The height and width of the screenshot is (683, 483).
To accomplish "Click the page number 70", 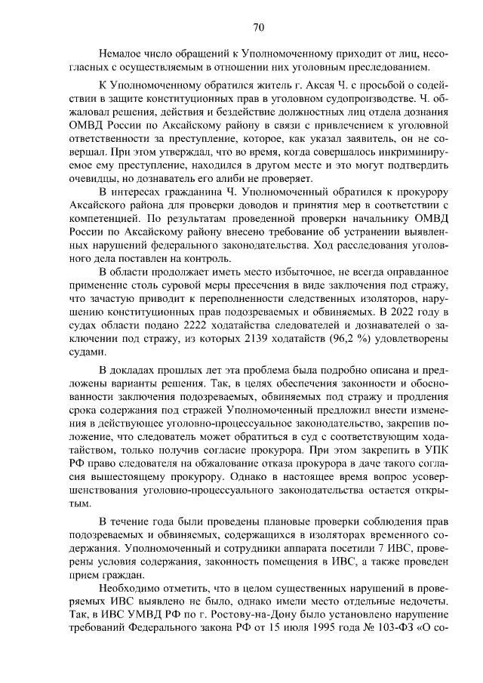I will point(258,28).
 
